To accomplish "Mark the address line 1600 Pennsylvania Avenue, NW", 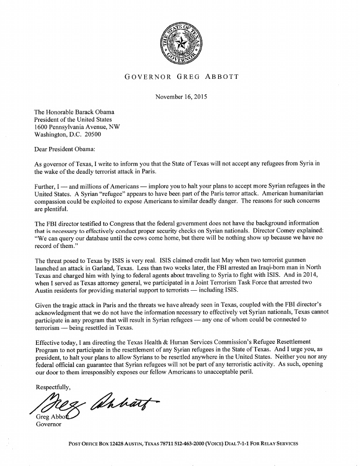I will (x=77, y=127).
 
